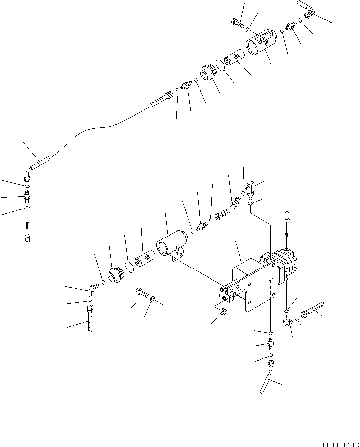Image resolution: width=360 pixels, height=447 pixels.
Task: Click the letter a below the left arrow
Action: click(x=28, y=238)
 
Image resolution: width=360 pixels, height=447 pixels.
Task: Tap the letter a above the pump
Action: click(x=287, y=216)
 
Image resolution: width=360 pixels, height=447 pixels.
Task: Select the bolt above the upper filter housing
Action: click(x=236, y=22)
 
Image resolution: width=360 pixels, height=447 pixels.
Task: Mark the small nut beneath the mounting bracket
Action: click(x=223, y=312)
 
